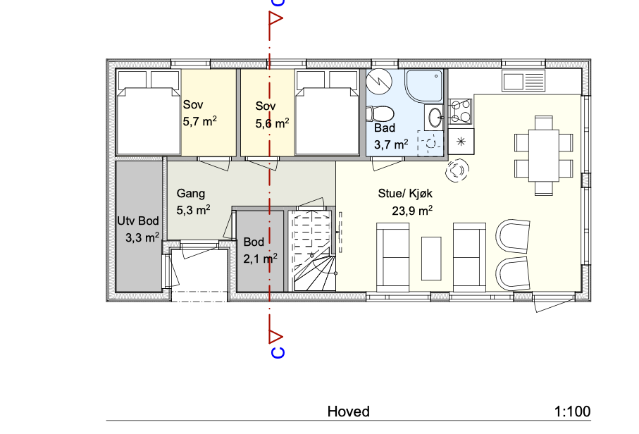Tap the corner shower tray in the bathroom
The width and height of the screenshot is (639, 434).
pos(423,85)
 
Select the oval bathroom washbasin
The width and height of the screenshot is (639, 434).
pos(435,118)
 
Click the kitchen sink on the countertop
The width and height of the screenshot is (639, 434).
pos(523,80)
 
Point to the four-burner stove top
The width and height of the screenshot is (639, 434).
pos(460,111)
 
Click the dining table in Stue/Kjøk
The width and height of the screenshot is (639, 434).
pos(544,155)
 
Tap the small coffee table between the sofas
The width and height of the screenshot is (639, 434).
pos(431,259)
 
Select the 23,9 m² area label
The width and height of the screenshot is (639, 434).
pos(412,211)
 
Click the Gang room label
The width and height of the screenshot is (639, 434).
pos(191,193)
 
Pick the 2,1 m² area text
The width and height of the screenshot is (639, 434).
pos(261,259)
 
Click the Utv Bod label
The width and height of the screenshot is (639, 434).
pos(138,221)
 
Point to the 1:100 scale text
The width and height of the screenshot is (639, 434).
pos(572,411)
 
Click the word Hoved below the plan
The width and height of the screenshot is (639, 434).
pos(349,411)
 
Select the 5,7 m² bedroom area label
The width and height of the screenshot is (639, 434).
pos(199,121)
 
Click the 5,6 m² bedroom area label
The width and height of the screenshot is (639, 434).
pos(272,123)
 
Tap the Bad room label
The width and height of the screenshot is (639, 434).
pos(385,128)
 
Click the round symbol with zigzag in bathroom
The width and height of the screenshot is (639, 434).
pos(379,82)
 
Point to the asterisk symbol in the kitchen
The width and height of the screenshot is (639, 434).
pos(461,142)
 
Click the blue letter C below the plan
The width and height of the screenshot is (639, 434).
pos(278,352)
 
